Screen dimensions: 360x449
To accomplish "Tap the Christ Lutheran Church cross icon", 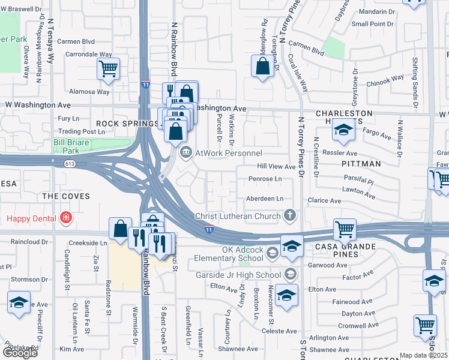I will (290, 215).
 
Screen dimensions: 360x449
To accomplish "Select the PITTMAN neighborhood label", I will (361, 163).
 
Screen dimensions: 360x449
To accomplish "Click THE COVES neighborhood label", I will (67, 196).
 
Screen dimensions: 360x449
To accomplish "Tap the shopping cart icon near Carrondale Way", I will (108, 69).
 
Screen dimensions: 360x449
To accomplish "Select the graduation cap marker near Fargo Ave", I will (343, 131).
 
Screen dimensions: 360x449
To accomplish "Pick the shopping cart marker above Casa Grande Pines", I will (345, 229).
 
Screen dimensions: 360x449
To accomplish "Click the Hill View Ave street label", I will (276, 166).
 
